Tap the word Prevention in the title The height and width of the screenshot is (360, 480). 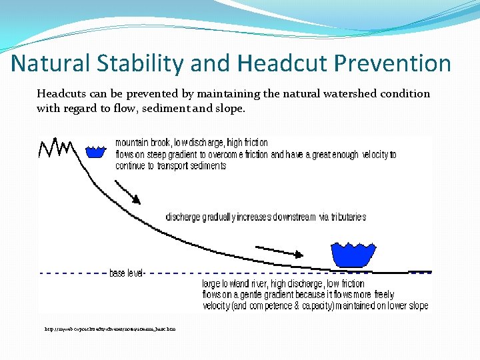pyautogui.click(x=393, y=63)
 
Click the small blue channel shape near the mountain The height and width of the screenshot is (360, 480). pyautogui.click(x=97, y=151)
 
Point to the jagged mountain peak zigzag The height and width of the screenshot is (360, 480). pyautogui.click(x=56, y=147)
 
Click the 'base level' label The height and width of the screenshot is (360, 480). pyautogui.click(x=127, y=273)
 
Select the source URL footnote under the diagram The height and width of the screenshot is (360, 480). pyautogui.click(x=110, y=329)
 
